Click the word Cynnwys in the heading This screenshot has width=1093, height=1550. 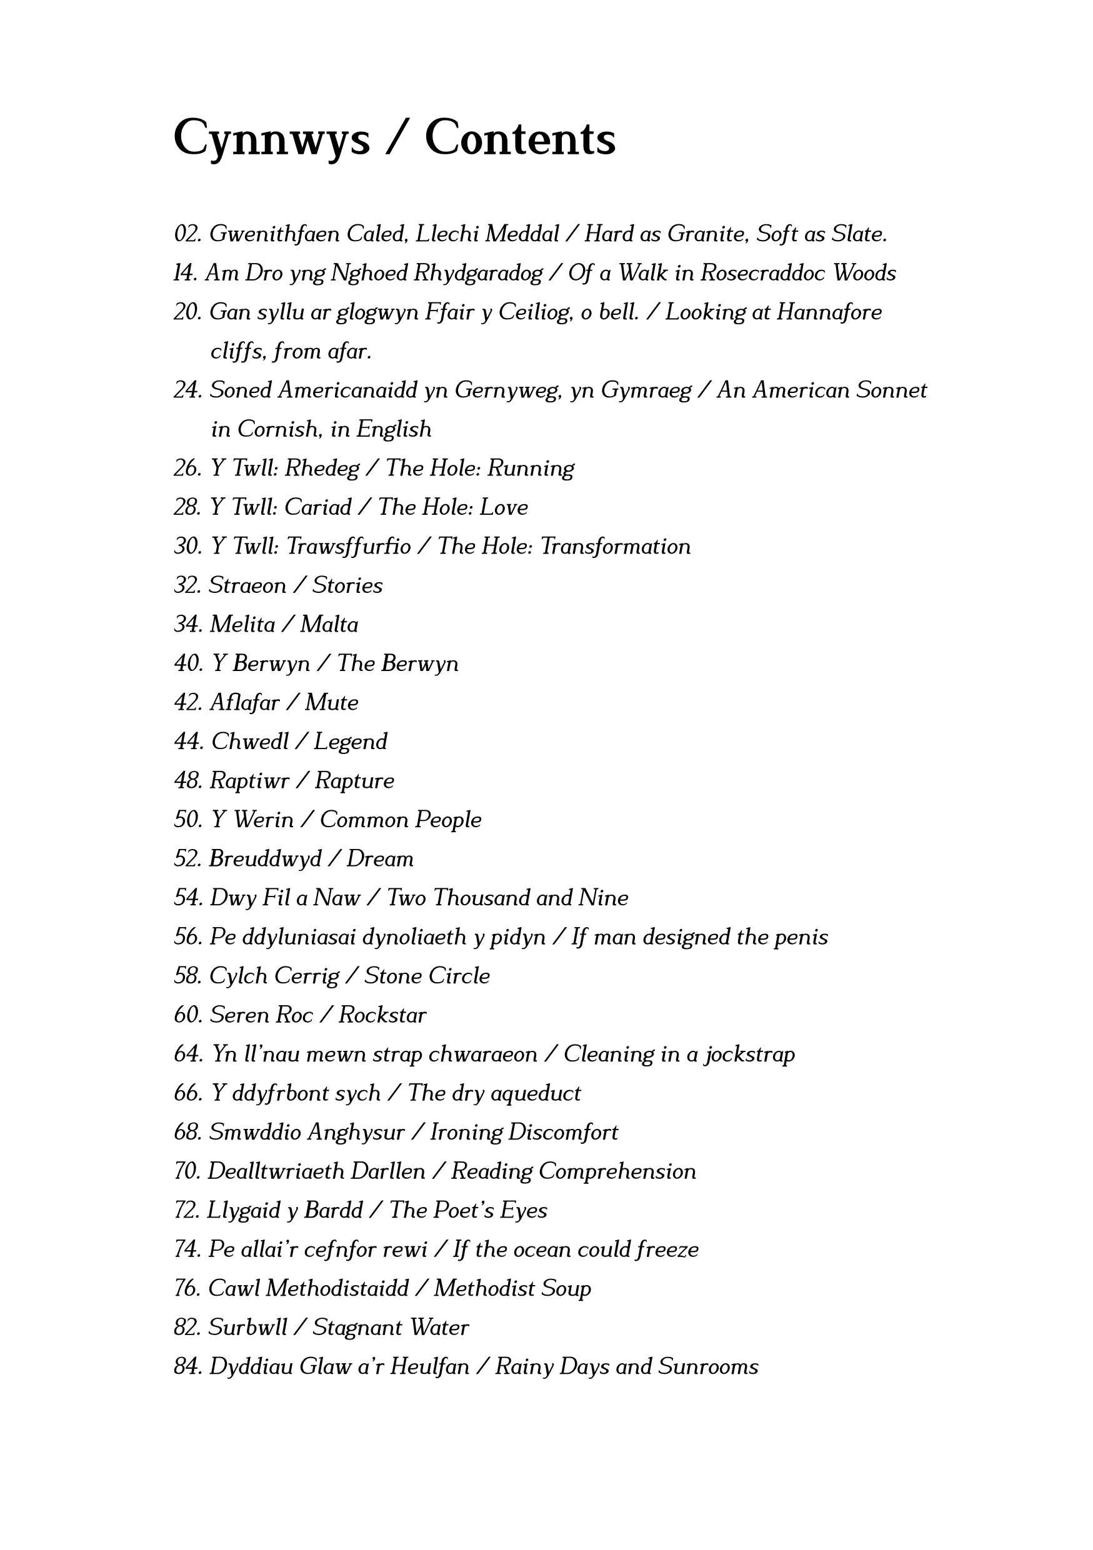coord(271,139)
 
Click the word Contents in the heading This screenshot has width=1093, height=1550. coord(520,139)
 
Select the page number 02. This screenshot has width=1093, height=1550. coord(187,234)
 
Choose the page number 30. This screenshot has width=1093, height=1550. coord(187,546)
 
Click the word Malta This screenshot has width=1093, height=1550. coord(329,625)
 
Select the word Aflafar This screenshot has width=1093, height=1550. coord(244,703)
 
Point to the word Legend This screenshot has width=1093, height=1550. coord(351,742)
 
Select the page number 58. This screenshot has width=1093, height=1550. coord(187,976)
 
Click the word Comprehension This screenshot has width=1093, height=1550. coord(617,1171)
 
